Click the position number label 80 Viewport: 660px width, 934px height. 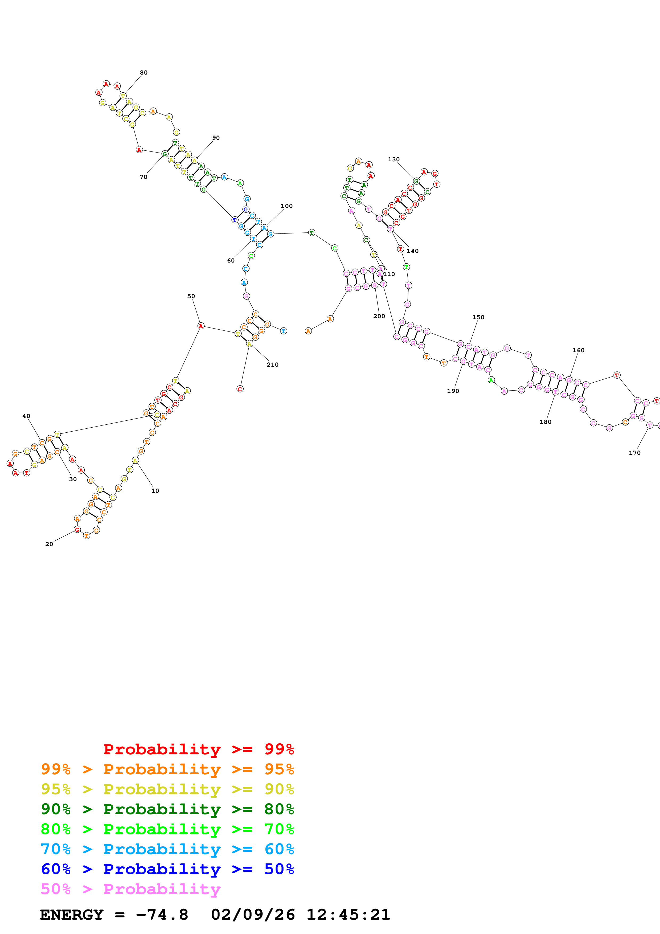[144, 73]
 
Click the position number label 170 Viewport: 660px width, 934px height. [634, 453]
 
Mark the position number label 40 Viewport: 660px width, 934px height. [26, 416]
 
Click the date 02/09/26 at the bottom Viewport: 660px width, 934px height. [253, 915]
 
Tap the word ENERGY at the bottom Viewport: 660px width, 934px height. [72, 915]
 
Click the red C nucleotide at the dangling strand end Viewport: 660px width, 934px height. [240, 389]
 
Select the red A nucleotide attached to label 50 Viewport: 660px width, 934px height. [200, 326]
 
